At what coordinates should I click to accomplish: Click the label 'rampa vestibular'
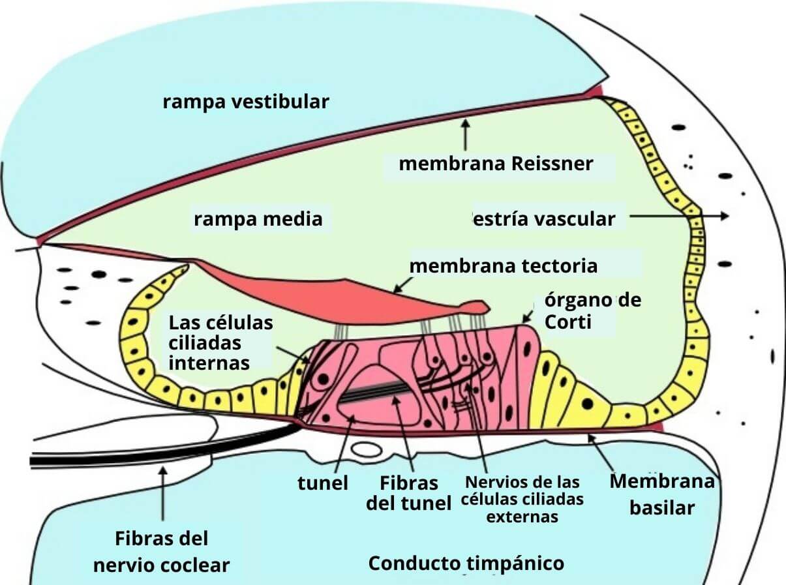(246, 102)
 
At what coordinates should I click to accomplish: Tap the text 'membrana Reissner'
(496, 163)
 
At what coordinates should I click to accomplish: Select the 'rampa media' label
(258, 219)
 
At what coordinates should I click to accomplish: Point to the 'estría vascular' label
(543, 219)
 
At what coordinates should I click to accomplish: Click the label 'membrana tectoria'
(503, 266)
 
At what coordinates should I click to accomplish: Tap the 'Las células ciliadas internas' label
(220, 342)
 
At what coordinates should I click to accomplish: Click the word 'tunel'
(322, 483)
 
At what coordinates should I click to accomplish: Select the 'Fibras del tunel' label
(409, 493)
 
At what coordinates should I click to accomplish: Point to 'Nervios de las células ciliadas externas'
(522, 500)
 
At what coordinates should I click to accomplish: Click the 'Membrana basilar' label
(661, 494)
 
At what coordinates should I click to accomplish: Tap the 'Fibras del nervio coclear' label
(161, 552)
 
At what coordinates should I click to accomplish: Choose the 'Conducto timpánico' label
(466, 563)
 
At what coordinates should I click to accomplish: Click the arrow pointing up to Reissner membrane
(464, 135)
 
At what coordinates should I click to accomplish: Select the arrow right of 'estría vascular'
(679, 216)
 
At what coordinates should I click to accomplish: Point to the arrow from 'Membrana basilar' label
(601, 453)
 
